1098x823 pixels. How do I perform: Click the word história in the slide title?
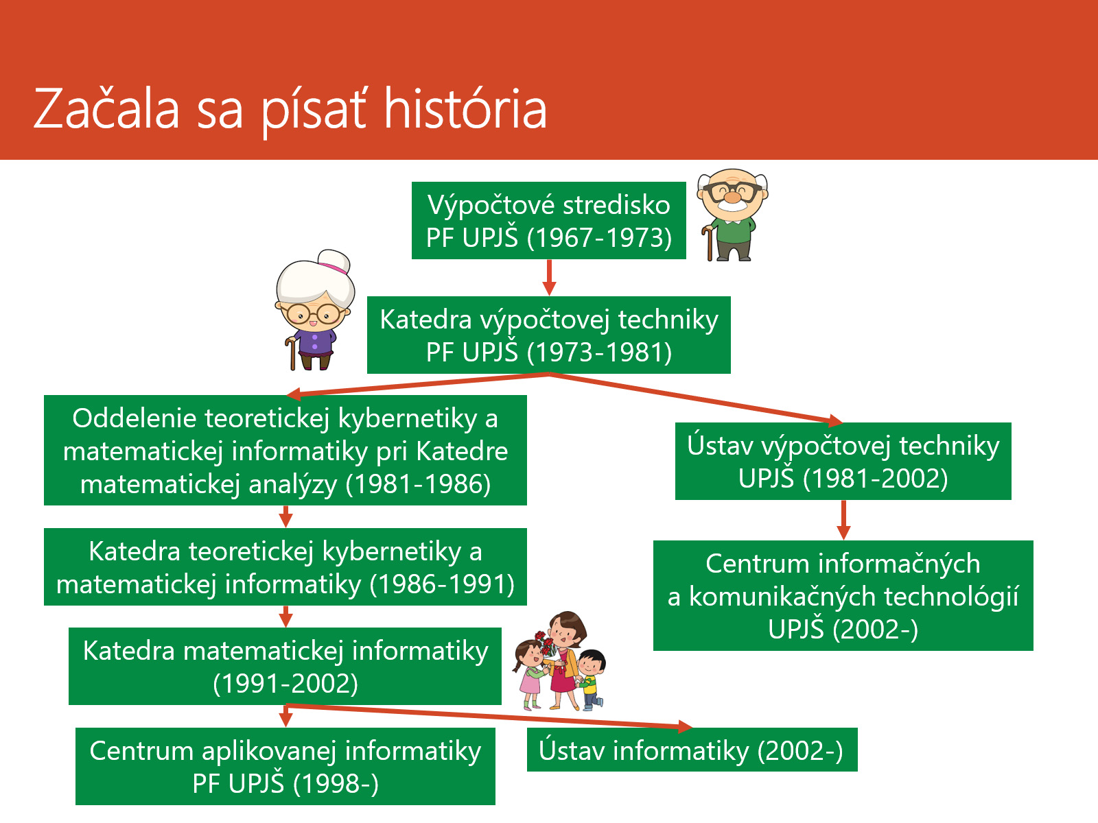[x=465, y=109]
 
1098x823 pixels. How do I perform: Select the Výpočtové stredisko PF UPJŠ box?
[x=549, y=220]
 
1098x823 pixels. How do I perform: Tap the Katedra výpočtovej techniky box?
[x=549, y=335]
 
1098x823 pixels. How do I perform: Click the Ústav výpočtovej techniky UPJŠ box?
[x=843, y=461]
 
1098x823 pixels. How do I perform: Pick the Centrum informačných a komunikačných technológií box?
[x=843, y=595]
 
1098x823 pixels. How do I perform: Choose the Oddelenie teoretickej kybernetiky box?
[x=285, y=450]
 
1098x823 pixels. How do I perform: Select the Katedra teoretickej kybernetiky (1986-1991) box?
[x=285, y=566]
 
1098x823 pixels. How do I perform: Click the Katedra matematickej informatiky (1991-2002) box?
[x=285, y=666]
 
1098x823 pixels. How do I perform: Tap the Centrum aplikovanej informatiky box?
[x=285, y=766]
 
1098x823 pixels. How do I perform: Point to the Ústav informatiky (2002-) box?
[x=692, y=750]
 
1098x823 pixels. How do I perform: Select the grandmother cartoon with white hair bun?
[x=314, y=310]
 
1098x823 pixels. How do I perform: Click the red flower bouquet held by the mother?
[x=546, y=643]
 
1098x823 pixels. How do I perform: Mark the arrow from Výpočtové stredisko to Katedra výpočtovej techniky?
[x=549, y=277]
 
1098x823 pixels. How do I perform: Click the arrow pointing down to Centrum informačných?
[x=843, y=520]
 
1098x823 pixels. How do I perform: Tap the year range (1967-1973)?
[x=599, y=237]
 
